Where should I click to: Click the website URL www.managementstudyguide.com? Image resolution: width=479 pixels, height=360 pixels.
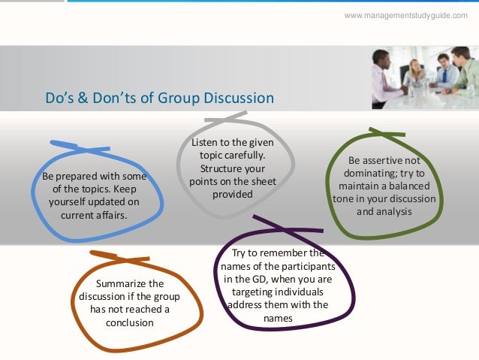tap(405, 16)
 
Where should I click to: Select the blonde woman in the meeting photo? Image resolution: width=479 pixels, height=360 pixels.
tap(414, 71)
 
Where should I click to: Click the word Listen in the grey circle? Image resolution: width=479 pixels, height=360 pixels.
tap(206, 143)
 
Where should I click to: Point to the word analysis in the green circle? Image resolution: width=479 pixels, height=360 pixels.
tap(396, 212)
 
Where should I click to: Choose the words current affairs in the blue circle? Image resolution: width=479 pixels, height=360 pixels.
tap(93, 215)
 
